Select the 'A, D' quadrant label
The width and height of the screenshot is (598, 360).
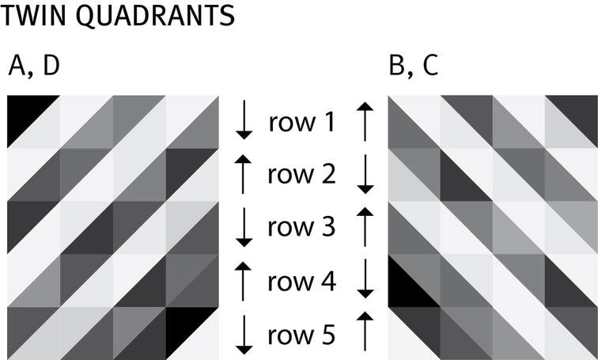34,67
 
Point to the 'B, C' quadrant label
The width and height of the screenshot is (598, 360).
414,67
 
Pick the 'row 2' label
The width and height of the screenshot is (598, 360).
301,175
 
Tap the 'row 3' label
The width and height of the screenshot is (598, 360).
301,228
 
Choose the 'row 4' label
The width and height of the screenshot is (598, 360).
301,281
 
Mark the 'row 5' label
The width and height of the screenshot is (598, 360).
301,334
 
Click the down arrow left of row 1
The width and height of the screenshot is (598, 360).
244,121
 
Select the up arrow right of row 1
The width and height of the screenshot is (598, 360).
365,121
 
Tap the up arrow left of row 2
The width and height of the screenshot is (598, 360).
244,174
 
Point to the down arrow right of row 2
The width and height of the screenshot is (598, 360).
365,174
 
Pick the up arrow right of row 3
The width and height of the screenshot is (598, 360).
365,227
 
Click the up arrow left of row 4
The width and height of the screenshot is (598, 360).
244,280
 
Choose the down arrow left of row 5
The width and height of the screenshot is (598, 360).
244,333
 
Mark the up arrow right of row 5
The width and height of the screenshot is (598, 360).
365,333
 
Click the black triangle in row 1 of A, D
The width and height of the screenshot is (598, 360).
24,113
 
